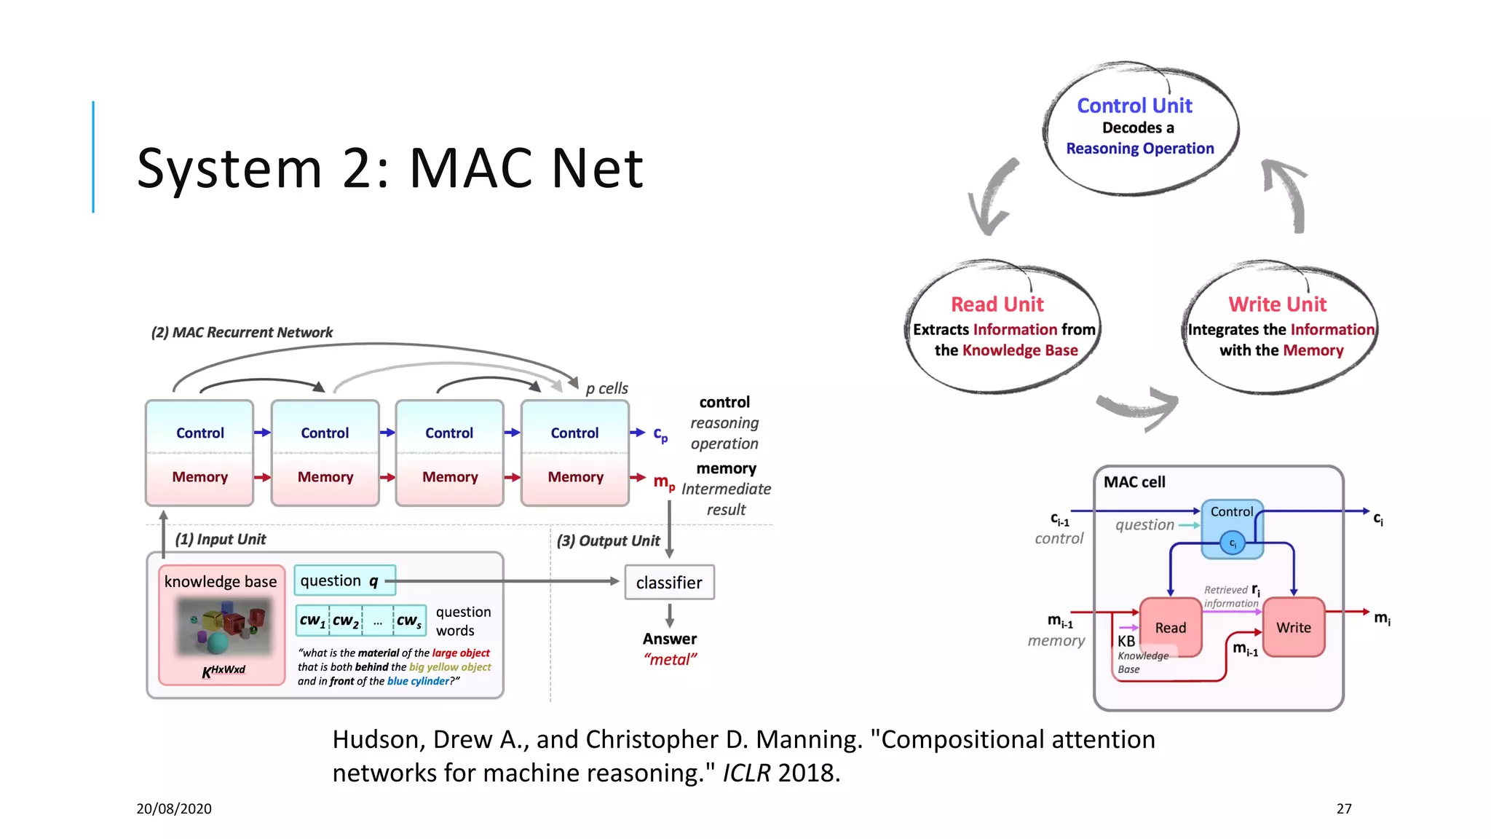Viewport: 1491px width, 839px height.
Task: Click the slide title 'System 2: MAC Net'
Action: (389, 168)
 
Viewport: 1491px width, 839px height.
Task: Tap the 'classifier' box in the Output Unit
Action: (669, 583)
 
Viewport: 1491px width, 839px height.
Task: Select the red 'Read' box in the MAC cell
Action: (1170, 628)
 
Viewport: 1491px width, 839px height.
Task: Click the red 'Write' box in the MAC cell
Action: (1293, 628)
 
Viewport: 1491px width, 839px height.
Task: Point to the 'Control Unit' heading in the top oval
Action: (1134, 106)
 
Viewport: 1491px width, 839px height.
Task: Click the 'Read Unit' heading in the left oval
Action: (997, 304)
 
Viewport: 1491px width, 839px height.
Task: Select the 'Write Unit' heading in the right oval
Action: (1277, 304)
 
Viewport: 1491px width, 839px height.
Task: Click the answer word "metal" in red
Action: (670, 660)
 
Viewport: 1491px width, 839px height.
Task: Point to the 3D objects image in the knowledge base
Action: (224, 626)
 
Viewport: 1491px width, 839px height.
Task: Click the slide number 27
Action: (1344, 808)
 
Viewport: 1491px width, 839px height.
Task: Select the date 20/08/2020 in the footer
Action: (174, 808)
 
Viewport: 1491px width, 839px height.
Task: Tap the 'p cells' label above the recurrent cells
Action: (606, 388)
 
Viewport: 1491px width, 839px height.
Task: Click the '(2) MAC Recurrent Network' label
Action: (242, 332)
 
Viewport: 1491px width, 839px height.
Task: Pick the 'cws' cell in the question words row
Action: (409, 621)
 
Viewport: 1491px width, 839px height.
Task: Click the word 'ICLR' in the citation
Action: (745, 773)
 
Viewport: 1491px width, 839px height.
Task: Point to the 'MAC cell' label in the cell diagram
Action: (1134, 482)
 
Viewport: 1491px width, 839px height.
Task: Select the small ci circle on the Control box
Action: (1233, 543)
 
